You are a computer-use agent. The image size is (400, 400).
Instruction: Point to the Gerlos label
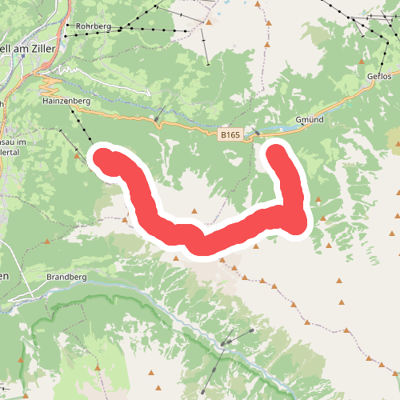coord(380,75)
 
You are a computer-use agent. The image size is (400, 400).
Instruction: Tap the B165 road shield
coord(230,135)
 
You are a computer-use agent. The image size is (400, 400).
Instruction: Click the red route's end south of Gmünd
coord(278,152)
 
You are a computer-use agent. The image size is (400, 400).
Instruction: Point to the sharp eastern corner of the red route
coord(297,222)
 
